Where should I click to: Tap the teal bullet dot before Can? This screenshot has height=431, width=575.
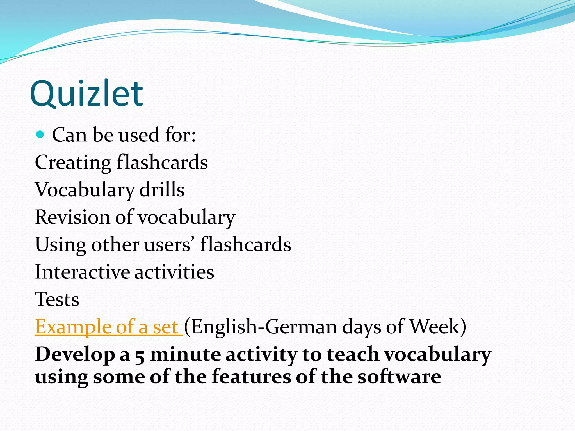coord(40,135)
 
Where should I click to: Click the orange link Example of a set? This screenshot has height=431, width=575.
coord(109,327)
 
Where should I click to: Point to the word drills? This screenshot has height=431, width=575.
coord(162,190)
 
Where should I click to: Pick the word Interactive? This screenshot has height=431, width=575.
coord(83,272)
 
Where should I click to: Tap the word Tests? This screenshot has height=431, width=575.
coord(57,299)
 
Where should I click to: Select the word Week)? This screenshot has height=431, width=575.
coord(438,327)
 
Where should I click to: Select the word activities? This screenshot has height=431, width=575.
coord(174,272)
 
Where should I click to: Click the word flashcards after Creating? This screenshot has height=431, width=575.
coord(162,162)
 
